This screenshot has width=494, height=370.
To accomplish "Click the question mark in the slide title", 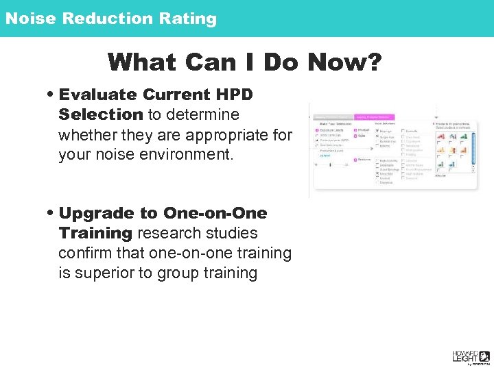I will click(373, 62).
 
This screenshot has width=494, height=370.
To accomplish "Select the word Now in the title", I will click(334, 62).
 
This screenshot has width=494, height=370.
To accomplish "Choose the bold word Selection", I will click(100, 114).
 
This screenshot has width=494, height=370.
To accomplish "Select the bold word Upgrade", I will click(96, 213).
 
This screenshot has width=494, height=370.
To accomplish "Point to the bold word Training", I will click(95, 233).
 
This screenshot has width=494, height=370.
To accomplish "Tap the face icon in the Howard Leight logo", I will click(484, 355).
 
